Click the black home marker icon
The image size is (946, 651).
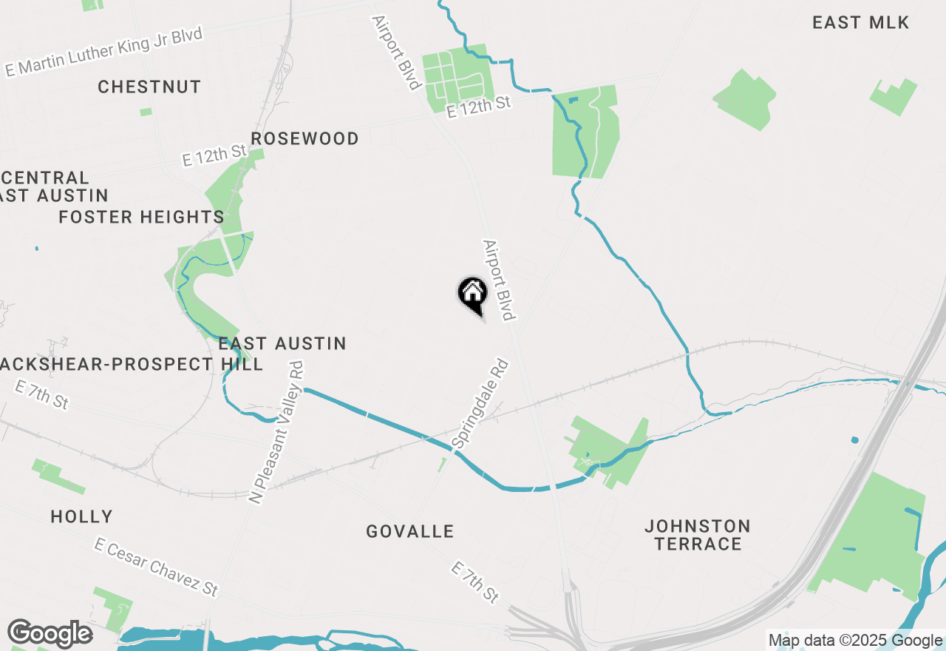click(x=472, y=294)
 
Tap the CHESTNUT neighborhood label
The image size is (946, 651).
click(x=149, y=87)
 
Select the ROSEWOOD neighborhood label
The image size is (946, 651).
click(x=304, y=139)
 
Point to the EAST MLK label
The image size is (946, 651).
click(x=860, y=23)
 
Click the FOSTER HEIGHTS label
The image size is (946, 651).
click(x=140, y=217)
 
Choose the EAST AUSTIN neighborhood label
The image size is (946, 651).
click(x=282, y=344)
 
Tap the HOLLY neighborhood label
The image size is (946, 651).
click(x=81, y=517)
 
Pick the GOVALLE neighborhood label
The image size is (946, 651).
click(x=410, y=532)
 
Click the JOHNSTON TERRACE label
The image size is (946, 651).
click(x=698, y=535)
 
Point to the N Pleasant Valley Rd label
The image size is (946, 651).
click(x=276, y=433)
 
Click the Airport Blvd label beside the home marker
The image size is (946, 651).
click(x=497, y=280)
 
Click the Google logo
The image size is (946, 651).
click(x=50, y=633)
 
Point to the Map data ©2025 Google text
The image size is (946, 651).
click(x=855, y=641)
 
